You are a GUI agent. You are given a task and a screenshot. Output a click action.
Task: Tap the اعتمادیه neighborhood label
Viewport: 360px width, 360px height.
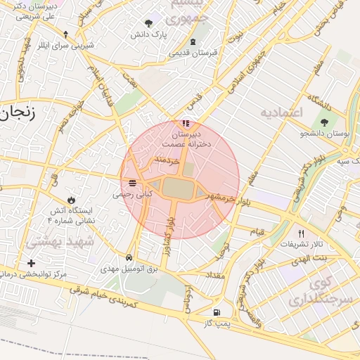coord(281,112)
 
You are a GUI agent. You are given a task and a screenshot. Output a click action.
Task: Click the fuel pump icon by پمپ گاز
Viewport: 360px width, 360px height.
coord(216,312)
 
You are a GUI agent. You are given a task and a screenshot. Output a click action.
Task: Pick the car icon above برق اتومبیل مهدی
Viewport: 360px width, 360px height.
coord(129,257)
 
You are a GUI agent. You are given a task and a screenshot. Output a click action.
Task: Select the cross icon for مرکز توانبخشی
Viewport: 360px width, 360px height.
coord(31,263)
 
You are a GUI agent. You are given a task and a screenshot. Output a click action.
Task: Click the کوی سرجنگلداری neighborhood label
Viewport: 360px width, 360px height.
coord(313,291)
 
